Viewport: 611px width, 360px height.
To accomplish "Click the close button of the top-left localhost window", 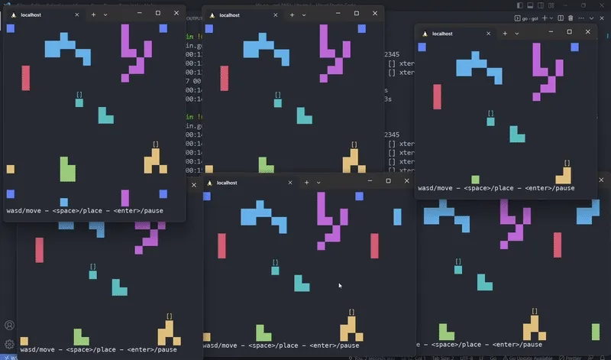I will click(176, 14).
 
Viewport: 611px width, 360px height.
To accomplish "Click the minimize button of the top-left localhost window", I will click(138, 14).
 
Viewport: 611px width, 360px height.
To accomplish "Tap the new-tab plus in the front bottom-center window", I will click(307, 183).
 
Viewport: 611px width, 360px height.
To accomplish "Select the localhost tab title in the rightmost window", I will click(442, 34).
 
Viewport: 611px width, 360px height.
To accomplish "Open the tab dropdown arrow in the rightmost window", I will click(516, 34).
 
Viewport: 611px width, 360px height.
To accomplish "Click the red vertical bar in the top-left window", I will click(25, 77).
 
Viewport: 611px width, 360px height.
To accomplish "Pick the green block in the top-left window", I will click(67, 170).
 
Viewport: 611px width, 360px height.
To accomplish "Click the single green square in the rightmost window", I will click(475, 180).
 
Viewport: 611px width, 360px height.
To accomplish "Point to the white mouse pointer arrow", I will click(340, 286).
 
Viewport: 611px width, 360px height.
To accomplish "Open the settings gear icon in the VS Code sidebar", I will click(9, 344).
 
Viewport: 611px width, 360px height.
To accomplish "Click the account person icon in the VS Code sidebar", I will click(9, 325).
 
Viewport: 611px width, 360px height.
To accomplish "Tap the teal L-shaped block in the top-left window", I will click(105, 115).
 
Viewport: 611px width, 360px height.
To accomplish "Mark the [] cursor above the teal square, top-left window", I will click(79, 94).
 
